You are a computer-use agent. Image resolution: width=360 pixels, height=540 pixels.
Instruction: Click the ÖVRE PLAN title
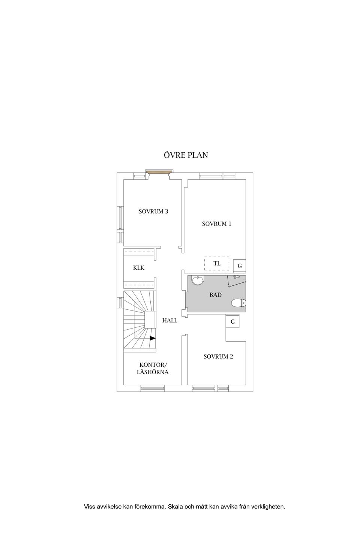pyautogui.click(x=186, y=155)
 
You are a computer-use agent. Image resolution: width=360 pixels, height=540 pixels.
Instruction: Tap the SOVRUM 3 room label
pyautogui.click(x=153, y=211)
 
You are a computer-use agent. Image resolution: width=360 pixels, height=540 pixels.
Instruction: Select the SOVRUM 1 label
pyautogui.click(x=216, y=224)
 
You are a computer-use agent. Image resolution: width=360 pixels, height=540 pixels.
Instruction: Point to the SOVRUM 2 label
pyautogui.click(x=218, y=357)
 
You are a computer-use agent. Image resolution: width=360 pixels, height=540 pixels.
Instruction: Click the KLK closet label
pyautogui.click(x=139, y=268)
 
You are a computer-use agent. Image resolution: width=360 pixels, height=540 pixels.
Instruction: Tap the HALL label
pyautogui.click(x=170, y=321)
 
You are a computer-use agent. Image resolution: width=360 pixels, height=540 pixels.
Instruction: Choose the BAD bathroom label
pyautogui.click(x=215, y=295)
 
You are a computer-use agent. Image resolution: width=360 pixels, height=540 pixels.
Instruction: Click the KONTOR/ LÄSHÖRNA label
pyautogui.click(x=153, y=368)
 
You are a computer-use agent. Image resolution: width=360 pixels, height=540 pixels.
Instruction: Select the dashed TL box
pyautogui.click(x=216, y=264)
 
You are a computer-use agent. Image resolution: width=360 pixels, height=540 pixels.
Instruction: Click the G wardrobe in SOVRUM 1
pyautogui.click(x=240, y=266)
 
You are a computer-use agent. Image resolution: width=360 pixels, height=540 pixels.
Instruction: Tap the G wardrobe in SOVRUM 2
pyautogui.click(x=232, y=322)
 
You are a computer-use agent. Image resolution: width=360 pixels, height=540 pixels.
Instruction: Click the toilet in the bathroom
pyautogui.click(x=238, y=303)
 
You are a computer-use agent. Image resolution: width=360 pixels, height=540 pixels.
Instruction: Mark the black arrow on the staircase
pyautogui.click(x=153, y=338)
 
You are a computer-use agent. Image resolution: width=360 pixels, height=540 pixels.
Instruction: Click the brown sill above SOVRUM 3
pyautogui.click(x=159, y=172)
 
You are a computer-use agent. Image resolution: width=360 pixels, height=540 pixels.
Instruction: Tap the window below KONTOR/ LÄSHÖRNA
pyautogui.click(x=153, y=388)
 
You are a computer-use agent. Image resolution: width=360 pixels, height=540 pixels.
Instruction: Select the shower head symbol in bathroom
pyautogui.click(x=236, y=277)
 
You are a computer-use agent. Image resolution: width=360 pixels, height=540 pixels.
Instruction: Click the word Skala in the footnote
pyautogui.click(x=175, y=507)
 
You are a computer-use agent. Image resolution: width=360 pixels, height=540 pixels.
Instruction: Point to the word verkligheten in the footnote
pyautogui.click(x=267, y=507)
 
